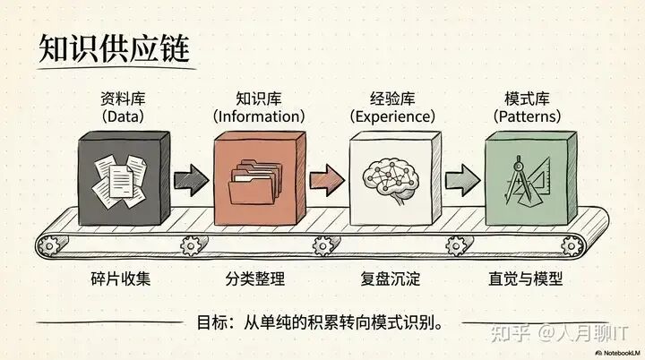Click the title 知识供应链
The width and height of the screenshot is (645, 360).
pos(114,50)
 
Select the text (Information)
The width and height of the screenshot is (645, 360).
pos(258,116)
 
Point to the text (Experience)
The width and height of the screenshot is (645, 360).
pos(391,116)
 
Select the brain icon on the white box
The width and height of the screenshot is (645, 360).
pos(391,176)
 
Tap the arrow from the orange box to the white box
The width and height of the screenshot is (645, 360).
pos(326,176)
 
